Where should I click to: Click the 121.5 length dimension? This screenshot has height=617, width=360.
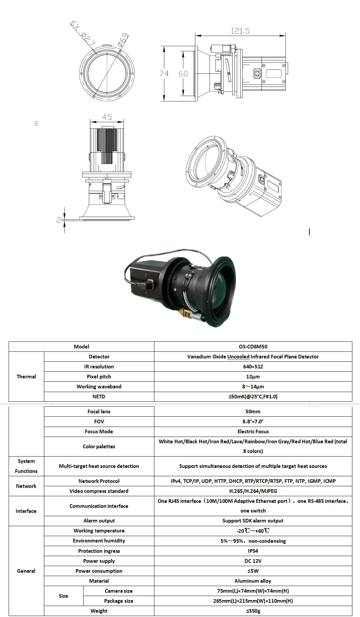240,31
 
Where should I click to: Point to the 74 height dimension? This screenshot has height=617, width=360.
164,74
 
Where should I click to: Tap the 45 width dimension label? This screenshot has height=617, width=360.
107,117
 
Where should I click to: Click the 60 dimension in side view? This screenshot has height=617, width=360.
183,74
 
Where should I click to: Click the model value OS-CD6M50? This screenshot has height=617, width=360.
253,346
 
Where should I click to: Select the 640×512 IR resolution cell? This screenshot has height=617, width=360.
253,366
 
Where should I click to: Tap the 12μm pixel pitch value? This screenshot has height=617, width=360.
253,376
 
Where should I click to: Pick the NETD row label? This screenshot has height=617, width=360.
99,396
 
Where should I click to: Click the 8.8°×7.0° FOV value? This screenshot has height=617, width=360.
253,421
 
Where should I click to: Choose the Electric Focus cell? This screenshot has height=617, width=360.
253,431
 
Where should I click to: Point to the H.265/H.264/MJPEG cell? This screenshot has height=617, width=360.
253,491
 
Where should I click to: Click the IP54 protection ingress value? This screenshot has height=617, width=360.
253,551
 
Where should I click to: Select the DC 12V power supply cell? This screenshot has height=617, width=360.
253,561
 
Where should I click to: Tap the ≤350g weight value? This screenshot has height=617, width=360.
253,611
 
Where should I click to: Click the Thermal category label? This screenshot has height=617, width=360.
26,376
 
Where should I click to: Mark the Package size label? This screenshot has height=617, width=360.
118,601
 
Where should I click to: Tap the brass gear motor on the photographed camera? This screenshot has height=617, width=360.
186,312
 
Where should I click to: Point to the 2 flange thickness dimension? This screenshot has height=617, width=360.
59,220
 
